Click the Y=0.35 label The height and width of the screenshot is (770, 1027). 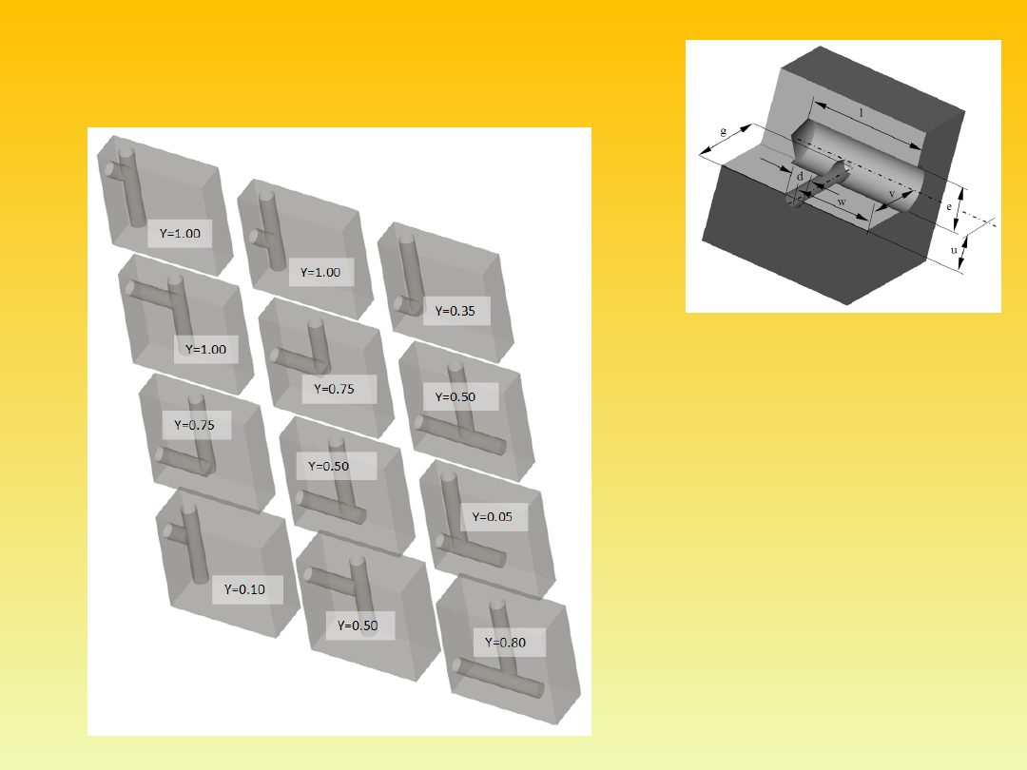pyautogui.click(x=455, y=311)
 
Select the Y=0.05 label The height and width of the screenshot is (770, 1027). pyautogui.click(x=492, y=516)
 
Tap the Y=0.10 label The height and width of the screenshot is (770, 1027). pyautogui.click(x=244, y=589)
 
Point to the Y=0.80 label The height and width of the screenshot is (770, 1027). pyautogui.click(x=505, y=643)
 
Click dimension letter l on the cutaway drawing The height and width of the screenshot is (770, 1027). pyautogui.click(x=861, y=112)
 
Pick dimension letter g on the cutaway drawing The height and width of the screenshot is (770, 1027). pyautogui.click(x=723, y=131)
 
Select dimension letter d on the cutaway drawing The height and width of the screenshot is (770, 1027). pyautogui.click(x=800, y=176)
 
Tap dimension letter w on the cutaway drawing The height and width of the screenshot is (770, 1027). pyautogui.click(x=842, y=202)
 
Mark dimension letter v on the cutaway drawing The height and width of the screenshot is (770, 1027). pyautogui.click(x=891, y=194)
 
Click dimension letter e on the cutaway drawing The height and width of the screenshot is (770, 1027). pyautogui.click(x=948, y=206)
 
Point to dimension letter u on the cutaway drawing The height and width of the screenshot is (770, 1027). pyautogui.click(x=954, y=250)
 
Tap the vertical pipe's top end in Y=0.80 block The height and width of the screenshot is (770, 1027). pyautogui.click(x=497, y=604)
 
